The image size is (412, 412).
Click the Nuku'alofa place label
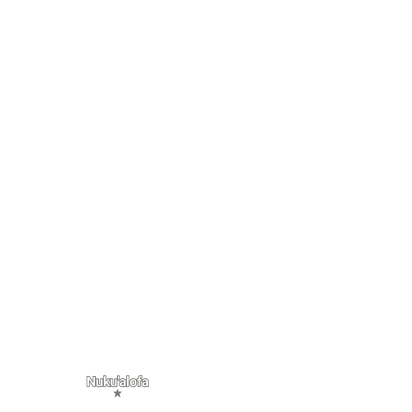[117, 381]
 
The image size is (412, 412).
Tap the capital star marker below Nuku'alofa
[117, 394]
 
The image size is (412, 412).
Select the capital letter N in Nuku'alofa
[91, 381]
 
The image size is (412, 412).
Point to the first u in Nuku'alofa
[100, 383]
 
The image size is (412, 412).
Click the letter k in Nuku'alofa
[107, 381]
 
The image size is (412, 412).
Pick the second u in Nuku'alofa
[114, 383]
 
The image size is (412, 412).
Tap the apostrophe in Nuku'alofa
[119, 378]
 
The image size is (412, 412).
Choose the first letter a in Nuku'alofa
[123, 383]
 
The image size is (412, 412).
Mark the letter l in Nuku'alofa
[128, 381]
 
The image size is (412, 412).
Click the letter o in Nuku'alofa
[133, 383]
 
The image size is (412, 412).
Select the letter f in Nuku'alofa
[139, 381]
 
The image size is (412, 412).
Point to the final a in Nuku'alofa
[146, 383]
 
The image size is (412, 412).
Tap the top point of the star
[117, 390]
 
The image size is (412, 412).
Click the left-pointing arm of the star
[114, 393]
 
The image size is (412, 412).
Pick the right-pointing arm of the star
[121, 393]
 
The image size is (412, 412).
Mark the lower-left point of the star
[115, 397]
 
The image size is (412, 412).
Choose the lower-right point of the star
[120, 397]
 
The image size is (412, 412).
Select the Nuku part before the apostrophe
[102, 381]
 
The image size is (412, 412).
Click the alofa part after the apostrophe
[134, 381]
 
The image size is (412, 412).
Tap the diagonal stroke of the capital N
[91, 381]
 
